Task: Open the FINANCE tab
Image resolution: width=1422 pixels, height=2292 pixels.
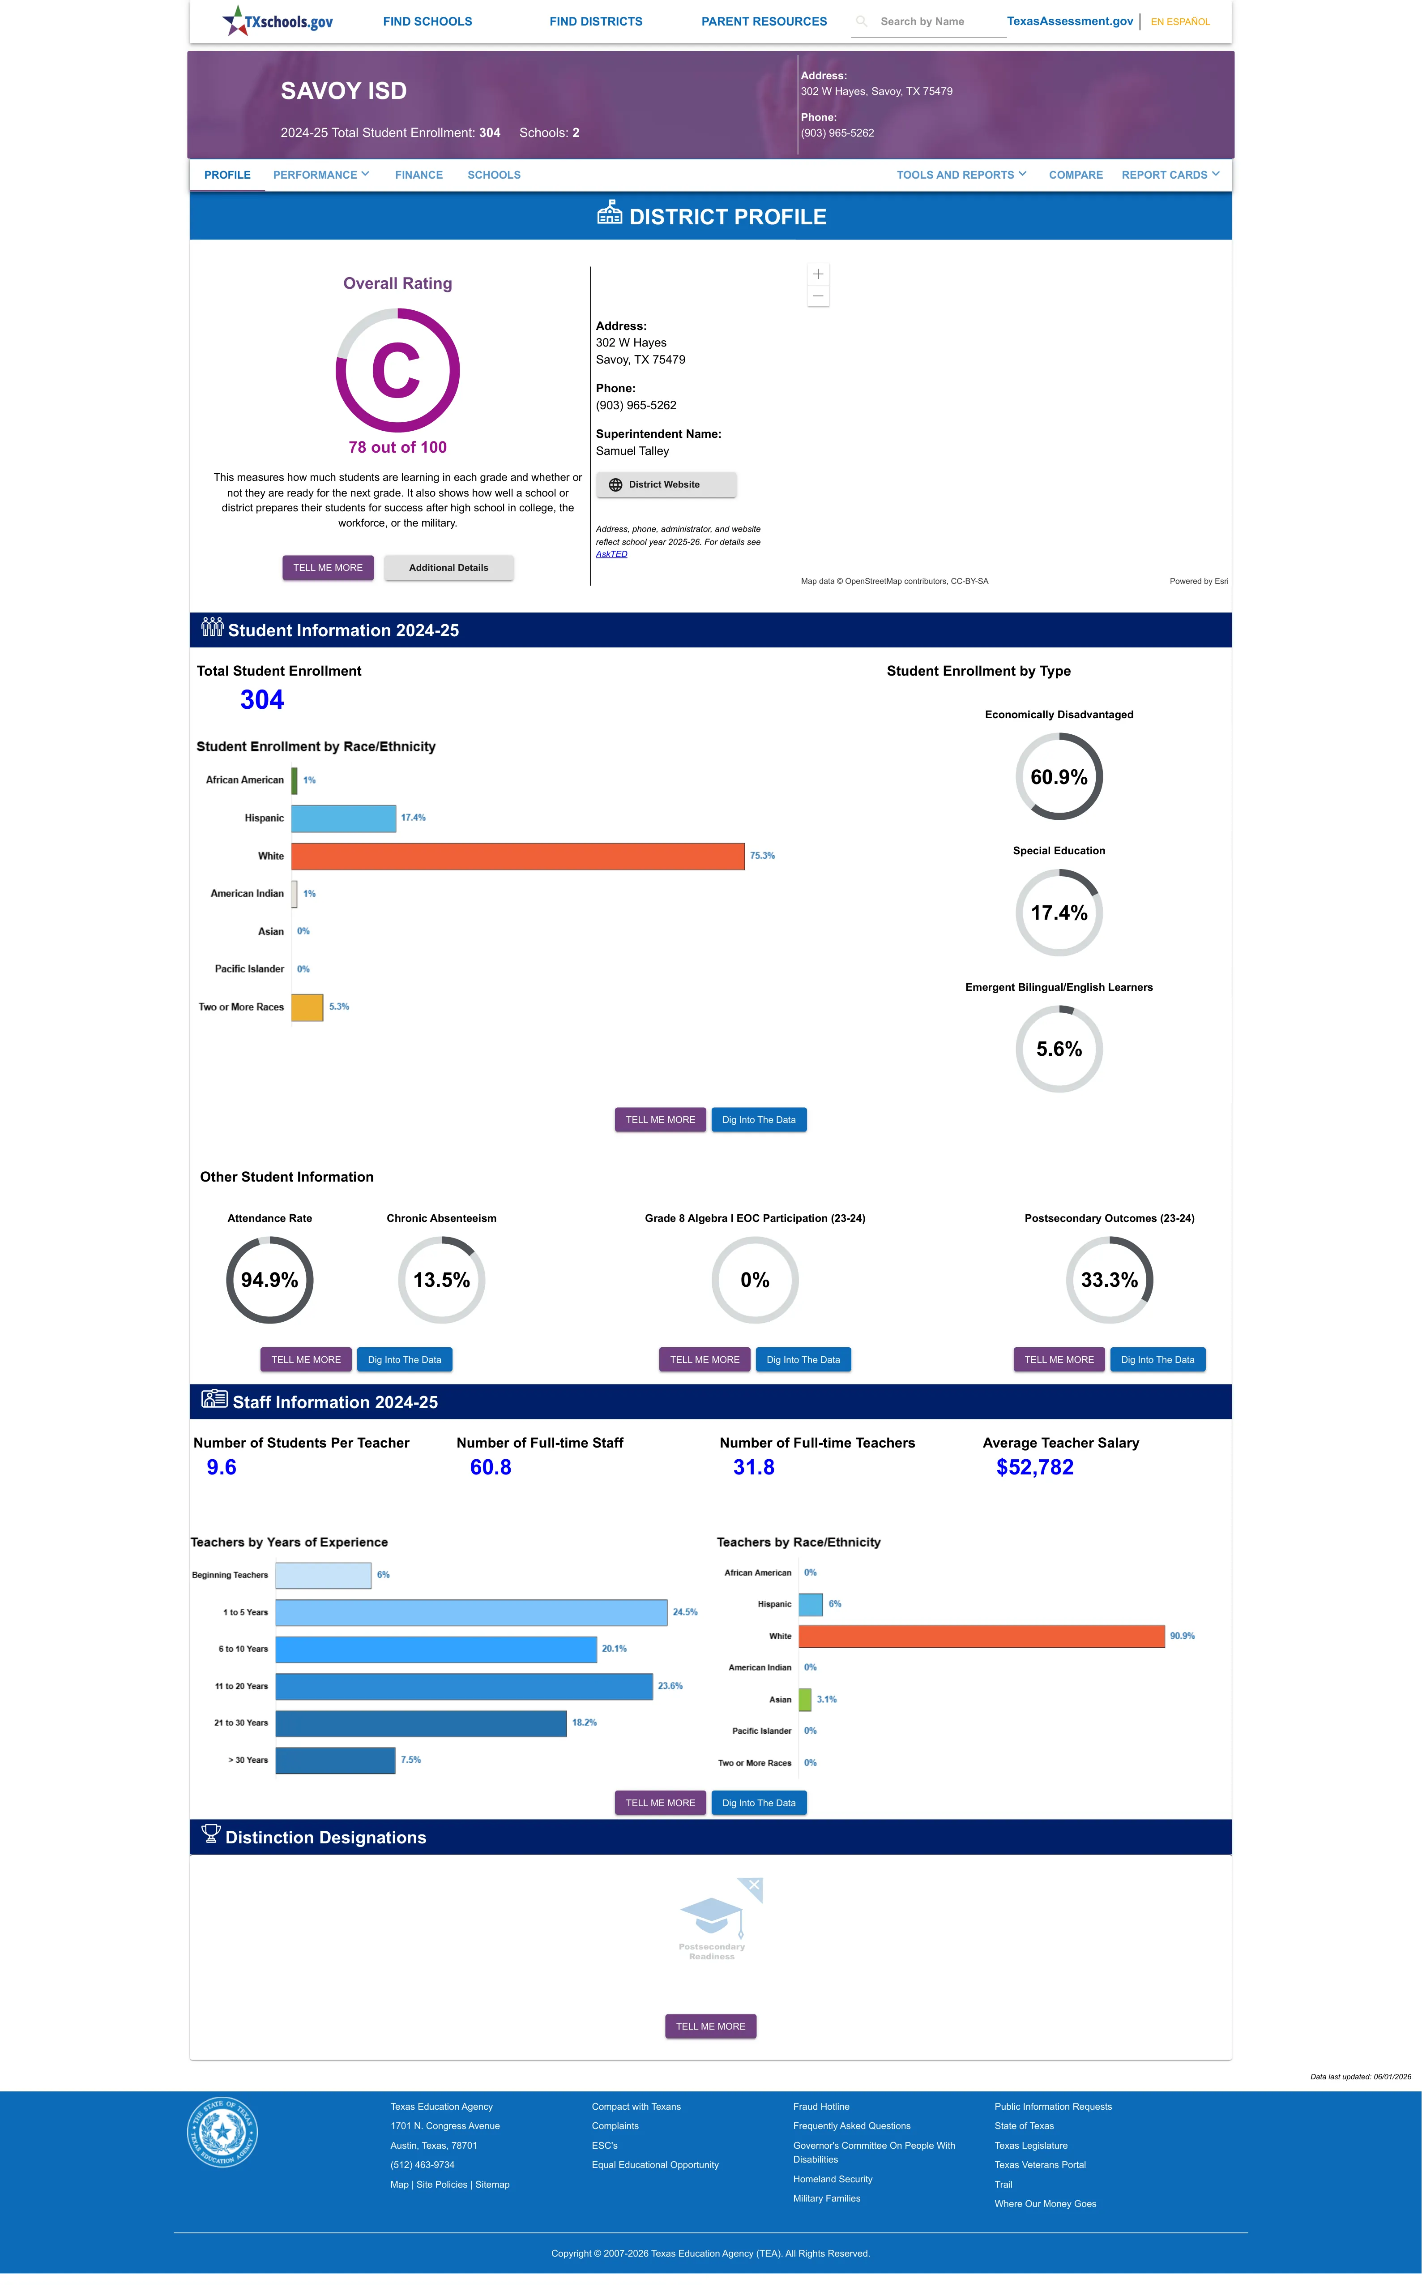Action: click(418, 175)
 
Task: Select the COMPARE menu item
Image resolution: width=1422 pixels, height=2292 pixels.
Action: click(1075, 175)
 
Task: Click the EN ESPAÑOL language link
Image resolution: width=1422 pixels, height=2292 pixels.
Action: click(1179, 21)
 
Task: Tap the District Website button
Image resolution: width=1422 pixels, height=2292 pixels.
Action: click(666, 484)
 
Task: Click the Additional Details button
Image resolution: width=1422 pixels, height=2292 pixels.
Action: click(448, 568)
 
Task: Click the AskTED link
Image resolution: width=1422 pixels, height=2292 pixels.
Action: click(611, 554)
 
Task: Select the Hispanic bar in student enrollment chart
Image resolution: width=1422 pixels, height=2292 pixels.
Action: click(343, 818)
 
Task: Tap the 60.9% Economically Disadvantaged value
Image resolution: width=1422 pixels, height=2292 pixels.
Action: click(1059, 777)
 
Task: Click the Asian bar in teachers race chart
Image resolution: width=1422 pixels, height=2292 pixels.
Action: click(805, 1700)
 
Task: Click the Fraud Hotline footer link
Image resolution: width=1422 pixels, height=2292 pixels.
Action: click(821, 2107)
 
